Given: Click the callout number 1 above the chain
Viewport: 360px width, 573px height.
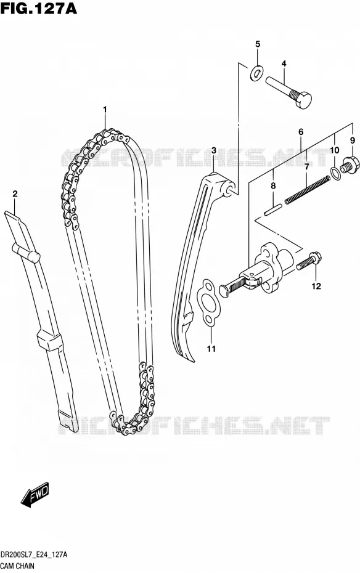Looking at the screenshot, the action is pyautogui.click(x=105, y=109).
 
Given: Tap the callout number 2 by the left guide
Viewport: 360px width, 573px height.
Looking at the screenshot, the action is pyautogui.click(x=15, y=194).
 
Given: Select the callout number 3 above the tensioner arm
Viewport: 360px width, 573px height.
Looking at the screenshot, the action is pyautogui.click(x=214, y=150).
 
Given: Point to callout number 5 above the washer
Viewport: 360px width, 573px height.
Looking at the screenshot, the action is pyautogui.click(x=258, y=44).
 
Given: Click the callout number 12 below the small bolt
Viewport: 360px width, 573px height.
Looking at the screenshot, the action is pyautogui.click(x=316, y=286).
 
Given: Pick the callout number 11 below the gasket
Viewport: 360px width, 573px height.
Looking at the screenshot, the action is pyautogui.click(x=211, y=349).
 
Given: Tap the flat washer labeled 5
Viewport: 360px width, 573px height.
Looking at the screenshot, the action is pyautogui.click(x=256, y=73).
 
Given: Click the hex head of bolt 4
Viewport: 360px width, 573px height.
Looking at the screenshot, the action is pyautogui.click(x=302, y=100).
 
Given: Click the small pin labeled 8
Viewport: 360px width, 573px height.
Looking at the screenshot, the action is pyautogui.click(x=273, y=209).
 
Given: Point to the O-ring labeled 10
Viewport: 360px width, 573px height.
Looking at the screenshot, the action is pyautogui.click(x=336, y=173).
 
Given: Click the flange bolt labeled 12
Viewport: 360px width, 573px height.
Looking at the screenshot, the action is pyautogui.click(x=309, y=261).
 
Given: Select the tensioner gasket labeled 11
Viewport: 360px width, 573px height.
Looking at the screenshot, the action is pyautogui.click(x=207, y=301).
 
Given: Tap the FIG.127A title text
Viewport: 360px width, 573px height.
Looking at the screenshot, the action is pyautogui.click(x=39, y=8).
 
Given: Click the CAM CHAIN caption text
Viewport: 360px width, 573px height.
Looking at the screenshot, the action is pyautogui.click(x=17, y=566).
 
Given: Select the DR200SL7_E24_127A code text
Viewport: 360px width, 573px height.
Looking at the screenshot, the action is pyautogui.click(x=34, y=555).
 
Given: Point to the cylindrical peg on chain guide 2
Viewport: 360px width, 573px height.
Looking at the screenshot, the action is pyautogui.click(x=25, y=252).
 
